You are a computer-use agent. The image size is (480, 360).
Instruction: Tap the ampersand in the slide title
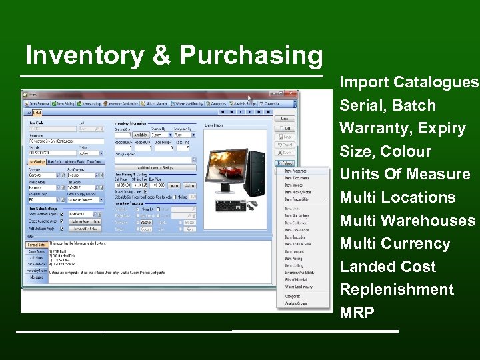click(x=162, y=55)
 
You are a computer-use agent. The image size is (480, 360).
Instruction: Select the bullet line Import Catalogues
click(x=409, y=83)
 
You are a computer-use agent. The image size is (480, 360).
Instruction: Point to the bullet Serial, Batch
click(x=387, y=105)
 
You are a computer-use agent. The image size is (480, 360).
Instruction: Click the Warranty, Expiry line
click(x=402, y=128)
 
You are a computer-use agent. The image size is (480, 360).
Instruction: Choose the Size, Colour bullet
click(x=385, y=151)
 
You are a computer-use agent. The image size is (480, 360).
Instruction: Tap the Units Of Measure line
click(x=405, y=175)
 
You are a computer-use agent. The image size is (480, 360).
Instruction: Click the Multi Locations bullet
click(x=397, y=197)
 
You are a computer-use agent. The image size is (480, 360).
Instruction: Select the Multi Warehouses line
click(x=407, y=221)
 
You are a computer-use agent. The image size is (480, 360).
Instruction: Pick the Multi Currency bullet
click(x=395, y=243)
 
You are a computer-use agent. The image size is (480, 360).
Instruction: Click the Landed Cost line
click(x=387, y=267)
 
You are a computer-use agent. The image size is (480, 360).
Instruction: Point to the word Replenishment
click(x=397, y=289)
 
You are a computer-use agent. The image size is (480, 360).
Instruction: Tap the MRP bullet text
click(x=357, y=313)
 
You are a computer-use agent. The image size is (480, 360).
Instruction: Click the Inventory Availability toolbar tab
click(x=125, y=104)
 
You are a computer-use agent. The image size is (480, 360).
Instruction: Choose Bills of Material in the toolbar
click(x=157, y=104)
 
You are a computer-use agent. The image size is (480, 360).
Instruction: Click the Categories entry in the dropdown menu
click(x=293, y=295)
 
